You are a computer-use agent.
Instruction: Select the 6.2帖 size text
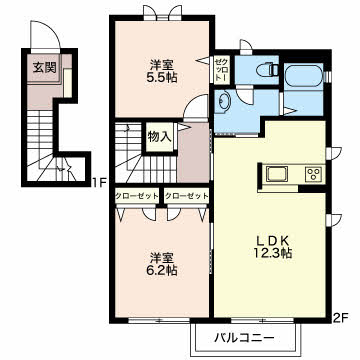160,269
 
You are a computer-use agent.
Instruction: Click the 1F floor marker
97,183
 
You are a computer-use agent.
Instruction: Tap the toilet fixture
264,71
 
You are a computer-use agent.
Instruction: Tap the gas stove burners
312,174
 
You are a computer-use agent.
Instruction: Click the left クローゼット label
135,195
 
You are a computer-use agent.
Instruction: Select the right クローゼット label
185,195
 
